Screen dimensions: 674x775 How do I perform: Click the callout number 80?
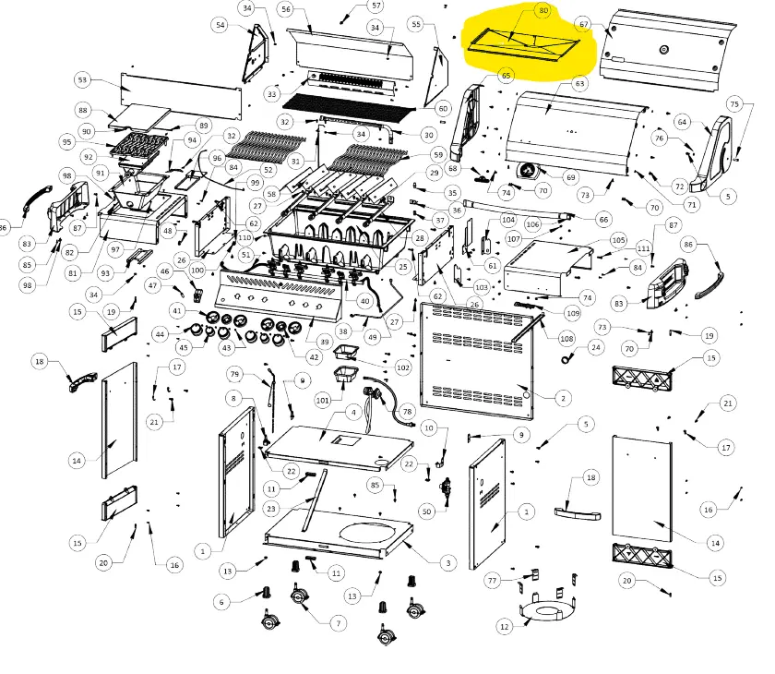click(542, 11)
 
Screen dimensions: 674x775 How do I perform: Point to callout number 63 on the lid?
click(579, 84)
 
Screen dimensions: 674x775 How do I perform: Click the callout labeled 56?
click(285, 9)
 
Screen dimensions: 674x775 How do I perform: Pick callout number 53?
click(84, 81)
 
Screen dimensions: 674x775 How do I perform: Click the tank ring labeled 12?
click(547, 610)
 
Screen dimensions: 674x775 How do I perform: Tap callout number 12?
click(504, 627)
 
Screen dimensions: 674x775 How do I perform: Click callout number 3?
click(448, 562)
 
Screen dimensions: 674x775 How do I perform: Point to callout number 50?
click(426, 511)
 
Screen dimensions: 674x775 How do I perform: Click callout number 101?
click(322, 401)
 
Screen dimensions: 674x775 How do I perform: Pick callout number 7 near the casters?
click(340, 624)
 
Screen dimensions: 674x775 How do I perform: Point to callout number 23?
click(270, 509)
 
